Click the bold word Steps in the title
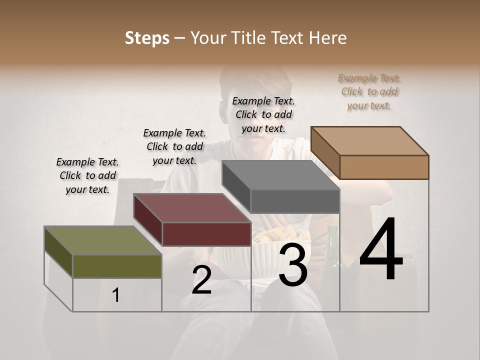147,38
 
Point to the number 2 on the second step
201,280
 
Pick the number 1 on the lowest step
116,295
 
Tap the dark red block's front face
206,233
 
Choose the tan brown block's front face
384,166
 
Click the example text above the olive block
87,175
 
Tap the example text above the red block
174,146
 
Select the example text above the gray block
263,114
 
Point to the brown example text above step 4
369,91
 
